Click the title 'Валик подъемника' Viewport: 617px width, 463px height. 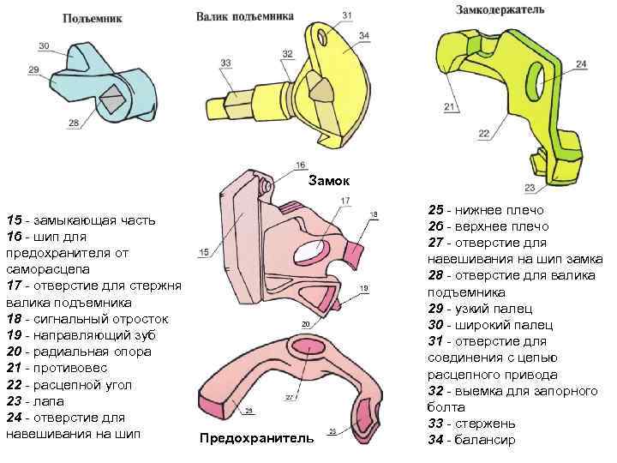coord(245,16)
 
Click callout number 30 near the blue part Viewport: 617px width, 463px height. coord(44,45)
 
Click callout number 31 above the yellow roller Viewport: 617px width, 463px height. coord(346,15)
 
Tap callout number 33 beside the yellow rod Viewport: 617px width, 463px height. coord(225,63)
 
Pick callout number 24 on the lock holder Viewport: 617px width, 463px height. coord(581,64)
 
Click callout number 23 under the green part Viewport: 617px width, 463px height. coord(529,189)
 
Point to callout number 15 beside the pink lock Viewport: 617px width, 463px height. coord(204,251)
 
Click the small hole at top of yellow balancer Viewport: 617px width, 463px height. coord(323,38)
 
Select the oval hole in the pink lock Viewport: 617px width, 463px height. coord(309,250)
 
